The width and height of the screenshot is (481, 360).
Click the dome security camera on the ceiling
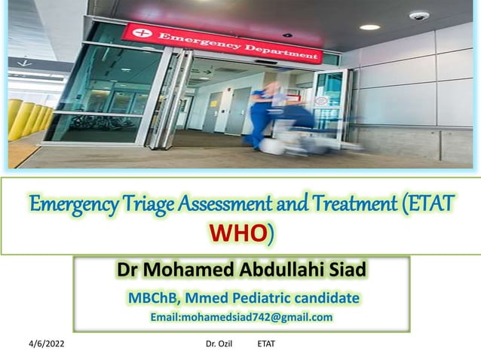coord(418,16)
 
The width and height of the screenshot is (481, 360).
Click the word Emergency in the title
coord(63,204)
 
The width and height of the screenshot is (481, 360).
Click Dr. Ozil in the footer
coord(220,344)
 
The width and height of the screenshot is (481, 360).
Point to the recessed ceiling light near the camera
coord(369,27)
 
